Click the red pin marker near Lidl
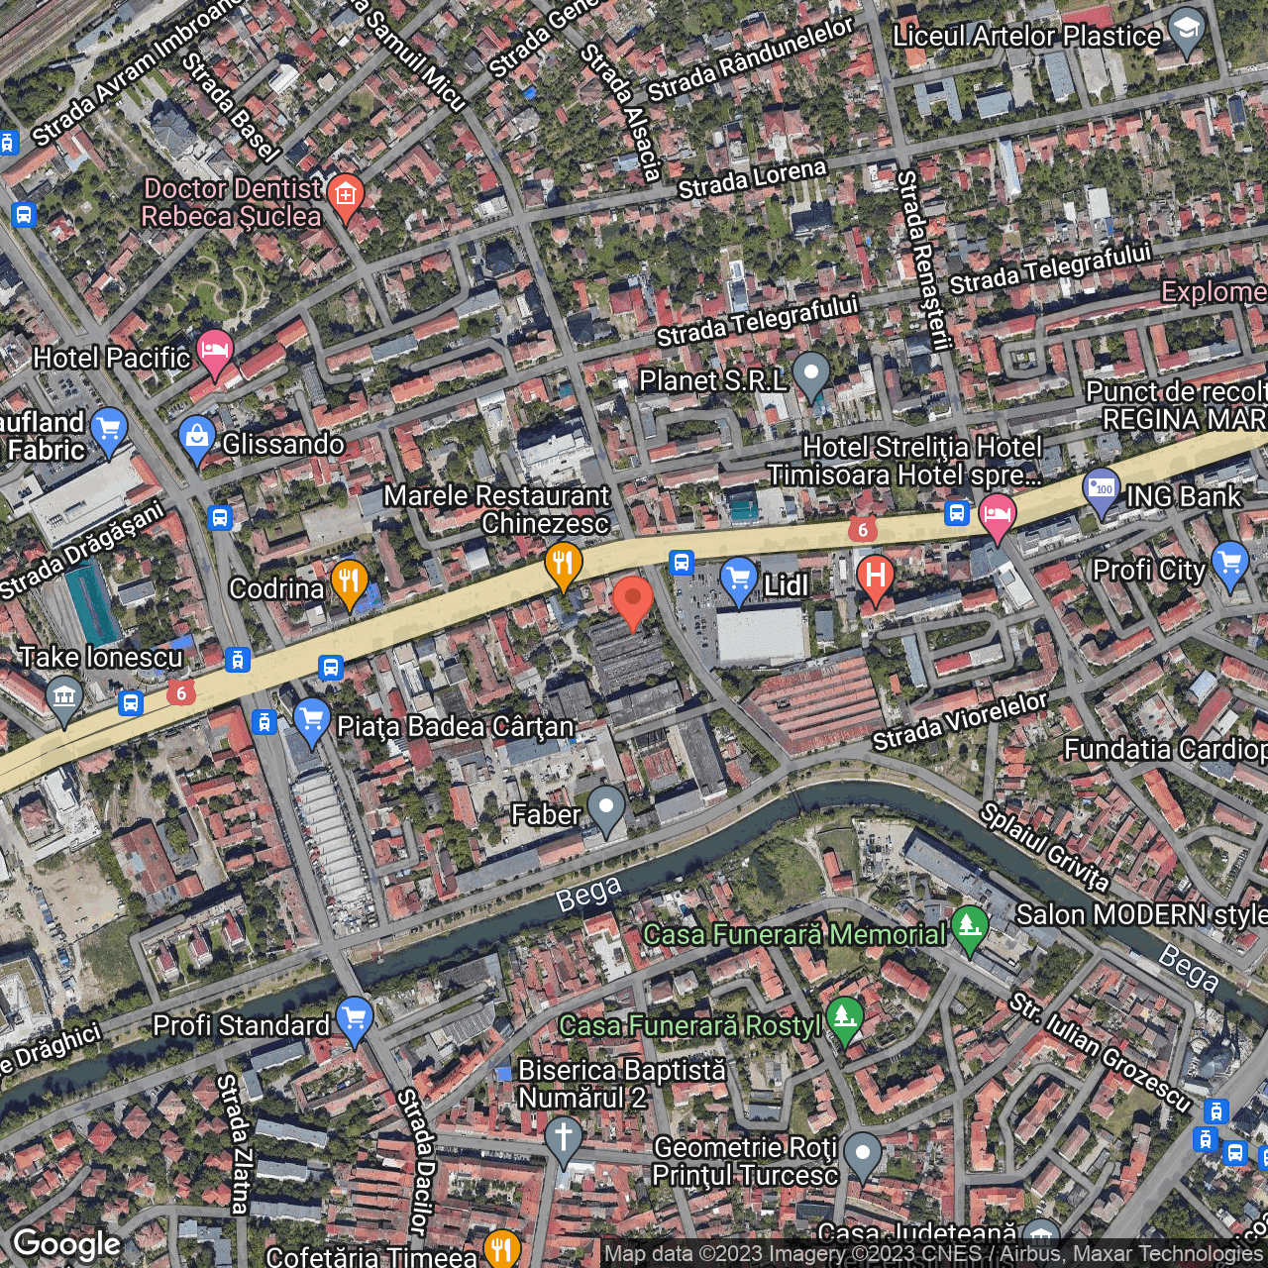point(632,600)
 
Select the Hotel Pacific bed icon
point(215,350)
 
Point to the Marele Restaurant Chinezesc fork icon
point(563,565)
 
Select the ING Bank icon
point(1102,488)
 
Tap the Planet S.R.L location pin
point(811,374)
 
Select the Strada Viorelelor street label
point(959,722)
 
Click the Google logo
point(67,1244)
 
